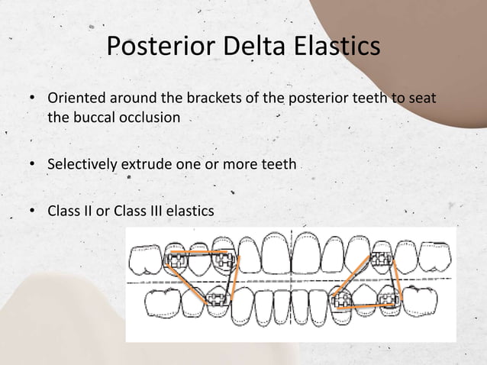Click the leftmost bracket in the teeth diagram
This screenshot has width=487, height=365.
tap(179, 260)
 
